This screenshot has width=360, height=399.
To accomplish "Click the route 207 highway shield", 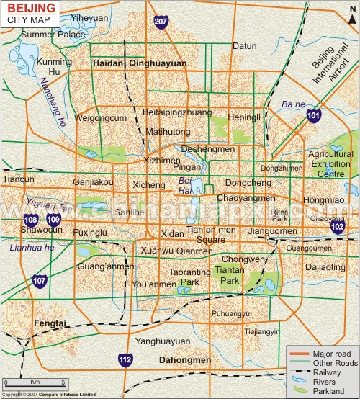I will click(x=160, y=22).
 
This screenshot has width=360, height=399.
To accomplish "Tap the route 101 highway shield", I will click(x=313, y=116).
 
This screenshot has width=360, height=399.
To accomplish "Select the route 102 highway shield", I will click(x=337, y=227).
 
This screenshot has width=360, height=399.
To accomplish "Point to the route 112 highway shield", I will click(x=125, y=359).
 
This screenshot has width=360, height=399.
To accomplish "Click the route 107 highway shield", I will click(x=40, y=280).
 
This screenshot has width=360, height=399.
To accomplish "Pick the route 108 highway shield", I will click(x=31, y=220).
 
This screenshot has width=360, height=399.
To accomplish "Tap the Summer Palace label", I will click(x=48, y=34).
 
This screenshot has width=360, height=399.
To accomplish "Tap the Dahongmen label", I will click(x=185, y=360).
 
